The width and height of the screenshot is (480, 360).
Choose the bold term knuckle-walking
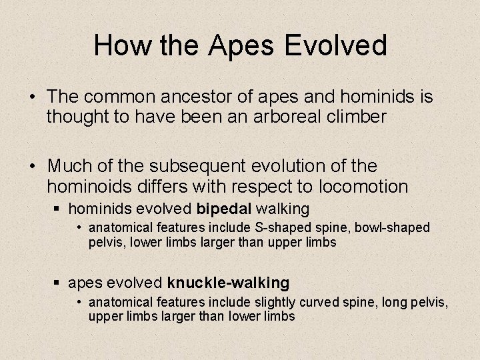tap(228, 283)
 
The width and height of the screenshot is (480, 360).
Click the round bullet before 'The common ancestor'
tap(32, 98)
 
